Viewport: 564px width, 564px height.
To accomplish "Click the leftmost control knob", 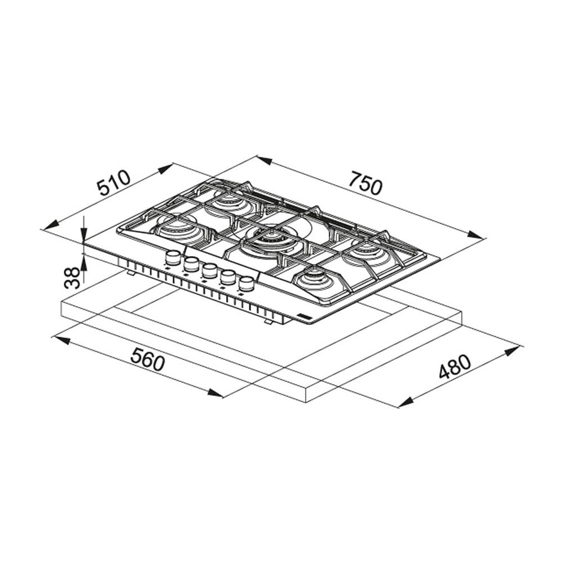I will pos(173,257).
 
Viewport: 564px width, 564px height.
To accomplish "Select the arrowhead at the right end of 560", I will pos(217,393).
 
